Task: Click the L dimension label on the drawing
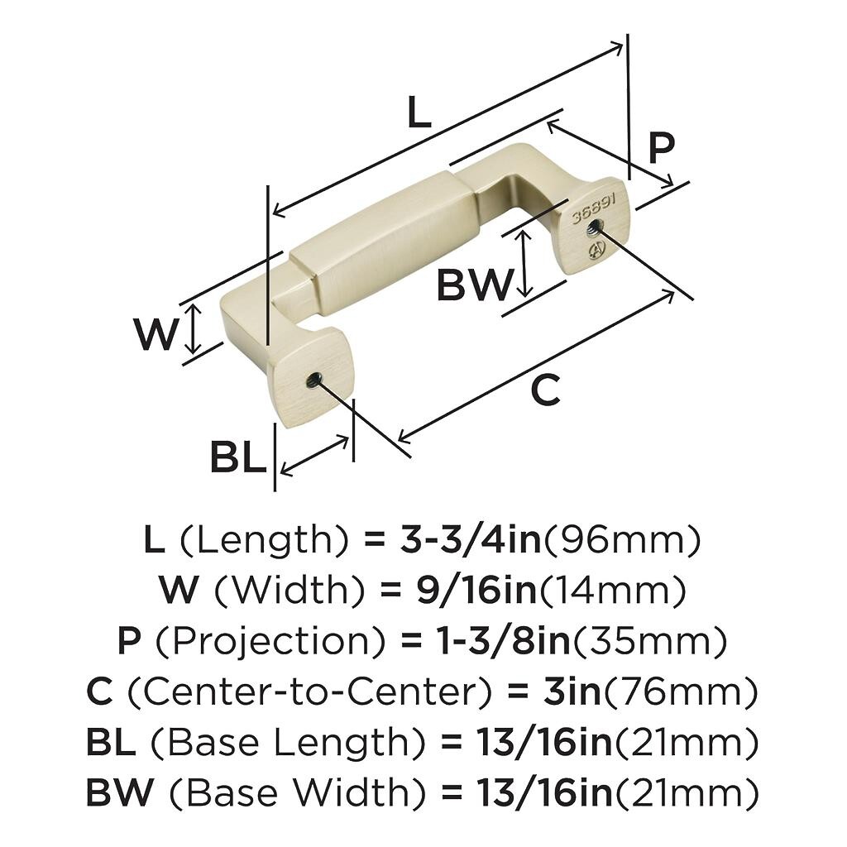click(419, 112)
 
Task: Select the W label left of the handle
click(156, 333)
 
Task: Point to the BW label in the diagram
click(474, 285)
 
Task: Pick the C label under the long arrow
click(546, 390)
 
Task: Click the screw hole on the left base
click(313, 381)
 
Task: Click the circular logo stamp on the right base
click(597, 250)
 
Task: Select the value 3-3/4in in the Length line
click(470, 540)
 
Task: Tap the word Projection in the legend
click(271, 641)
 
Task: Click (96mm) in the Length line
click(621, 541)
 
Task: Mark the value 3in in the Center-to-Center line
click(572, 691)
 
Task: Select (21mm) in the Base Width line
click(686, 793)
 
